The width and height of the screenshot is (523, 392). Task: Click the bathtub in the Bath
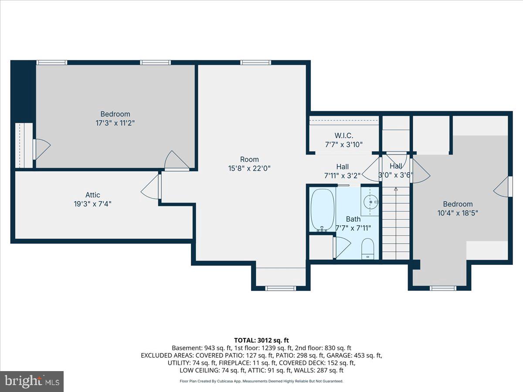click(323, 210)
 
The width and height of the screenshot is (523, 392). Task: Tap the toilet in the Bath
click(368, 249)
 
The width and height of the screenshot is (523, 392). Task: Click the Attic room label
click(92, 195)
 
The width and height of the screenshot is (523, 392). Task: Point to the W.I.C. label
click(344, 136)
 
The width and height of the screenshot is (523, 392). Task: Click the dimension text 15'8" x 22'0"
click(249, 168)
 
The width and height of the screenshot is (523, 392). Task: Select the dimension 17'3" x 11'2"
click(115, 123)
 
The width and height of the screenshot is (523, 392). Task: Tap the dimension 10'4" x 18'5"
click(458, 213)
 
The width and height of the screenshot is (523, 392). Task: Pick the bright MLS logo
click(32, 382)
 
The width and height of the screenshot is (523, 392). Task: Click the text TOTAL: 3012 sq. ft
click(261, 340)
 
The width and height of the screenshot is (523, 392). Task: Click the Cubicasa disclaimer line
click(261, 381)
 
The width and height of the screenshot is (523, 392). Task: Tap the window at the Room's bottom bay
click(281, 288)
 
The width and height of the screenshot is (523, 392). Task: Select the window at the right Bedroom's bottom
click(443, 288)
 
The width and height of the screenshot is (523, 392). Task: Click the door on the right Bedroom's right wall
click(503, 187)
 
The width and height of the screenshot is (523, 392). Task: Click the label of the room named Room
click(249, 159)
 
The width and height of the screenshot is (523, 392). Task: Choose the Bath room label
click(353, 219)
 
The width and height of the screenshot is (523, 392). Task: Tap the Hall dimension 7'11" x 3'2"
click(342, 176)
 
